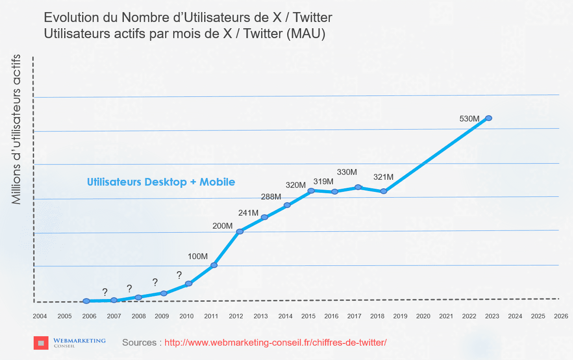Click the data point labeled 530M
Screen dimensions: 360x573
(489, 118)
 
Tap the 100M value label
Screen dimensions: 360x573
(197, 256)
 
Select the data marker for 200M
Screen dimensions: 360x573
(240, 231)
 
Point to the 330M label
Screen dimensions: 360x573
(347, 172)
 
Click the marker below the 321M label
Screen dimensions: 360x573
(384, 191)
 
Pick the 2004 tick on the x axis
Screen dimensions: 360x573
(40, 316)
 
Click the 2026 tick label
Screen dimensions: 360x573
(561, 316)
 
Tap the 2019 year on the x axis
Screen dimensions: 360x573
(400, 316)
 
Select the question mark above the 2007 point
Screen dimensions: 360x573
(105, 293)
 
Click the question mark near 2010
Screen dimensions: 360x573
(179, 275)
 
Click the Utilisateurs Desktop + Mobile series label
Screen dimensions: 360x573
(161, 182)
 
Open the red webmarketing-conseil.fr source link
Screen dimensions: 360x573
(275, 343)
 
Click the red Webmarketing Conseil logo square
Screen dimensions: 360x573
(41, 343)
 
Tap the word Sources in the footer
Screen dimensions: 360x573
(139, 343)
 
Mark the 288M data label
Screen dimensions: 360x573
(271, 196)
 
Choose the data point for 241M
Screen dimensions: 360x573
(264, 217)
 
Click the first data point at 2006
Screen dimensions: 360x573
(86, 301)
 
